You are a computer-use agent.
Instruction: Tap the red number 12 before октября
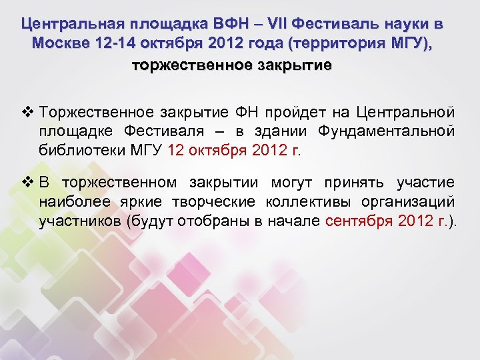click(177, 150)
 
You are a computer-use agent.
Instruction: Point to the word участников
click(79, 222)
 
